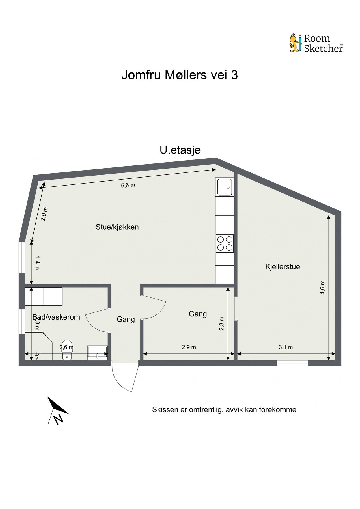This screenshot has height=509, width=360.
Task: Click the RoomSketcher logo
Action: (316, 43)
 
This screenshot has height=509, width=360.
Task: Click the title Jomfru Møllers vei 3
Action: (180, 75)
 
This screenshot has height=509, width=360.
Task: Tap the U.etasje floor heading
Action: (180, 150)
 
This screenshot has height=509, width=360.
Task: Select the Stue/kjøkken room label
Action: (117, 227)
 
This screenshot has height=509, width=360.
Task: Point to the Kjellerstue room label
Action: (283, 266)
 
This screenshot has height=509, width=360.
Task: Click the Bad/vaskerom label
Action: (56, 317)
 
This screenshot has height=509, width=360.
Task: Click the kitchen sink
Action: (225, 187)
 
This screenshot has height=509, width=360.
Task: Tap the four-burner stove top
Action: (225, 243)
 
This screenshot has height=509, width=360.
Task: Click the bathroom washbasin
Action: (97, 352)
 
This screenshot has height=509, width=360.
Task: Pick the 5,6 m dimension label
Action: (128, 185)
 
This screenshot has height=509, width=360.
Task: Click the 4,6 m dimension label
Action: (322, 287)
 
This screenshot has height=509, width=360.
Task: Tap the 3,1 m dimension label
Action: (286, 347)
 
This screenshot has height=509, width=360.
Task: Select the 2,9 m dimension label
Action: (189, 347)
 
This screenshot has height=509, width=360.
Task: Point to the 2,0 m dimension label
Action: (45, 214)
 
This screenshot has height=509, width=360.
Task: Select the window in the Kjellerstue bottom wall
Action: (292, 363)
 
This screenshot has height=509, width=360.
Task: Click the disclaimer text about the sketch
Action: (224, 410)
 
